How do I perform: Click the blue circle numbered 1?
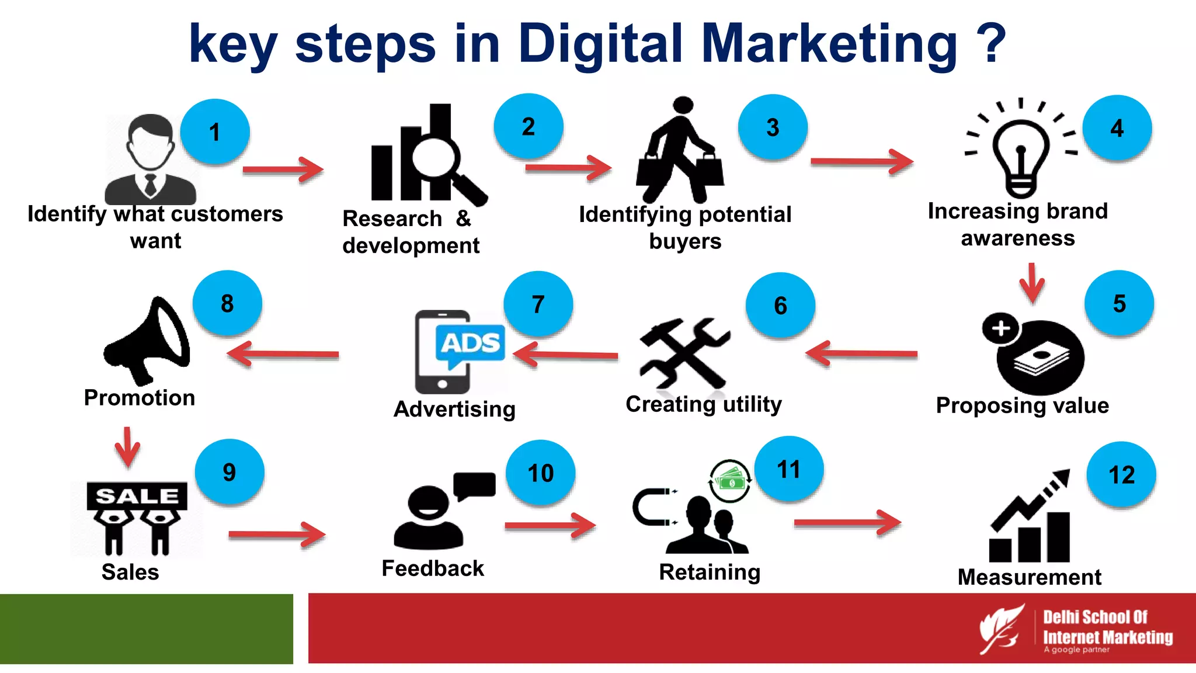(x=215, y=132)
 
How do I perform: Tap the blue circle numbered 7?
(x=538, y=304)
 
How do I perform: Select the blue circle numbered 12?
(x=1121, y=474)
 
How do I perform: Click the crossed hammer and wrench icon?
(x=684, y=353)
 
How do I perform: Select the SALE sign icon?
(x=137, y=516)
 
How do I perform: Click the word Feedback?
(x=433, y=568)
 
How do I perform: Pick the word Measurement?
(x=1030, y=577)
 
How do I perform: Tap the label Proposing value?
(x=1022, y=405)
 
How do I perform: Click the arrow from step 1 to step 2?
(x=283, y=170)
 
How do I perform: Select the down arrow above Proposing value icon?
(x=1032, y=283)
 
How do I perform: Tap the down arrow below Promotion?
(x=127, y=447)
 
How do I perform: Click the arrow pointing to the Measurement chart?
(x=847, y=523)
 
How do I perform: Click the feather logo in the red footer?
(x=1001, y=629)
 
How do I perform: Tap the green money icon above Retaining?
(x=730, y=481)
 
